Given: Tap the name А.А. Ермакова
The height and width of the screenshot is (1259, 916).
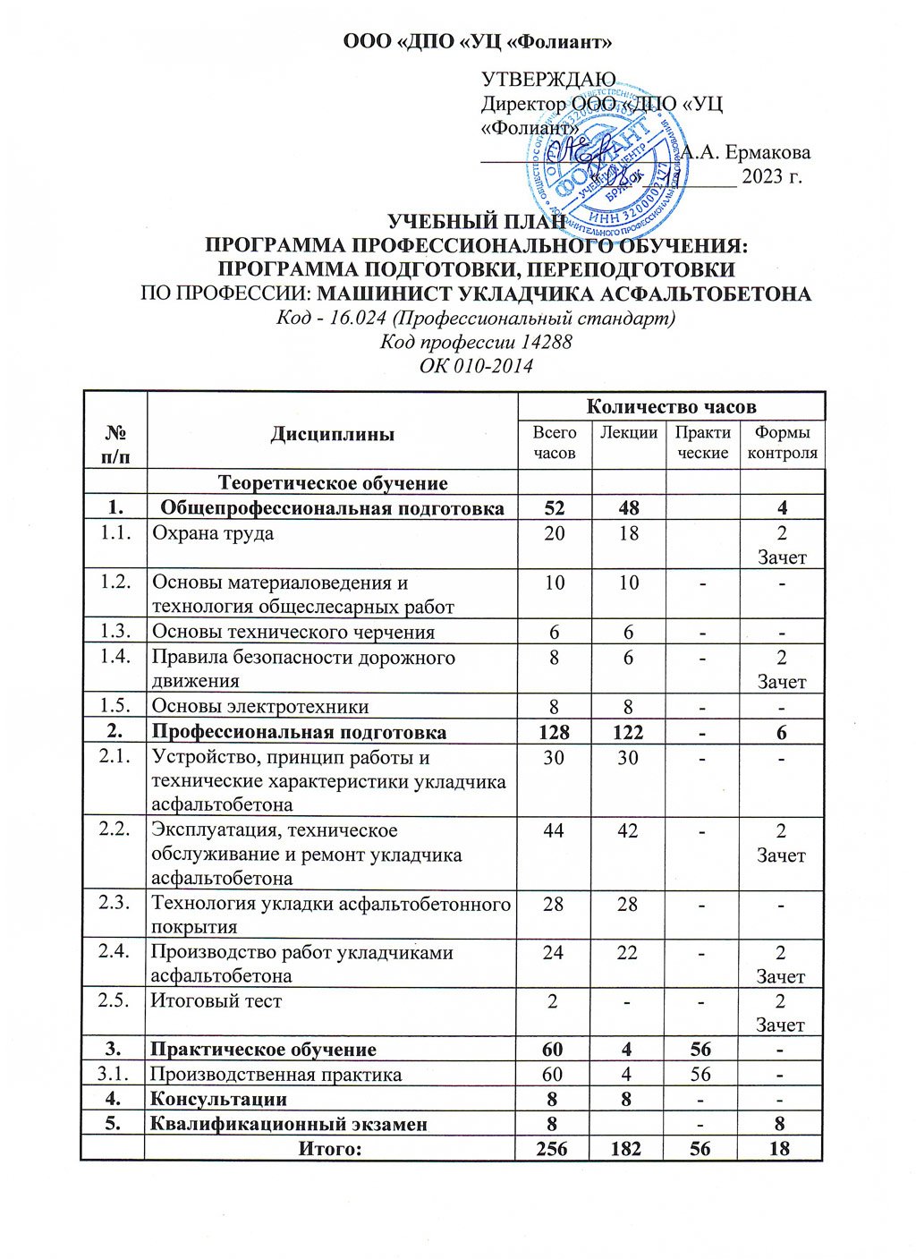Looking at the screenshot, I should (x=746, y=152).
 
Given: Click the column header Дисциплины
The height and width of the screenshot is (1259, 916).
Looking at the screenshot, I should (x=332, y=434).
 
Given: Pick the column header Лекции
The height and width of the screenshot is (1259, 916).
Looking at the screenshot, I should (x=629, y=433).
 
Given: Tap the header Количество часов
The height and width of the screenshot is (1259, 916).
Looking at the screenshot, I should (x=671, y=406).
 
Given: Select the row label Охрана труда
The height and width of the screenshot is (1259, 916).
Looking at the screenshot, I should (x=213, y=534).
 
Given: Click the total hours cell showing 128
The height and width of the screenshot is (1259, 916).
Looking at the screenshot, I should (x=554, y=732).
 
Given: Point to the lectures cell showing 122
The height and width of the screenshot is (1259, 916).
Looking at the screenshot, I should (x=628, y=732).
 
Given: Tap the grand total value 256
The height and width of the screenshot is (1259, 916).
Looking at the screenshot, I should (x=553, y=1148).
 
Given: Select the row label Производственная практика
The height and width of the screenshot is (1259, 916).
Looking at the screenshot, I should (x=276, y=1074).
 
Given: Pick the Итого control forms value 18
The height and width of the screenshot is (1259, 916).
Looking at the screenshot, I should (x=781, y=1148).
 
